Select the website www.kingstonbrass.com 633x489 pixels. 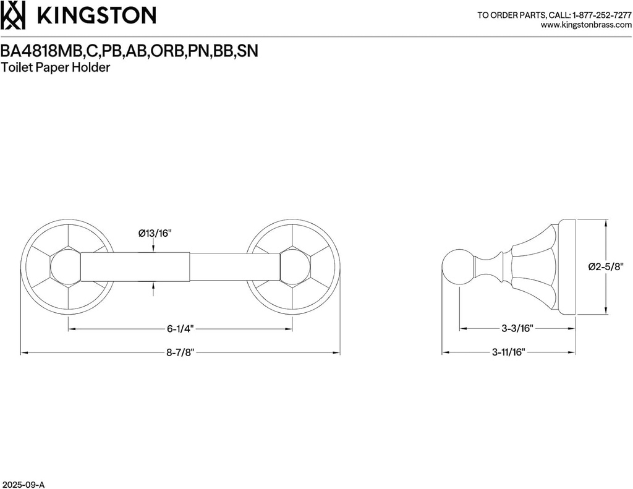tap(586, 25)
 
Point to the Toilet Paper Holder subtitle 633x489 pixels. tap(56, 67)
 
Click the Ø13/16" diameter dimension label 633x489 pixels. tap(154, 233)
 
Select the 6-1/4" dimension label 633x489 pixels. tap(180, 330)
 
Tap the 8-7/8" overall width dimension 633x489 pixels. tap(181, 352)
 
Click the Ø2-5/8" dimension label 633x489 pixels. tap(605, 266)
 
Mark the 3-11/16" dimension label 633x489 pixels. tap(508, 352)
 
